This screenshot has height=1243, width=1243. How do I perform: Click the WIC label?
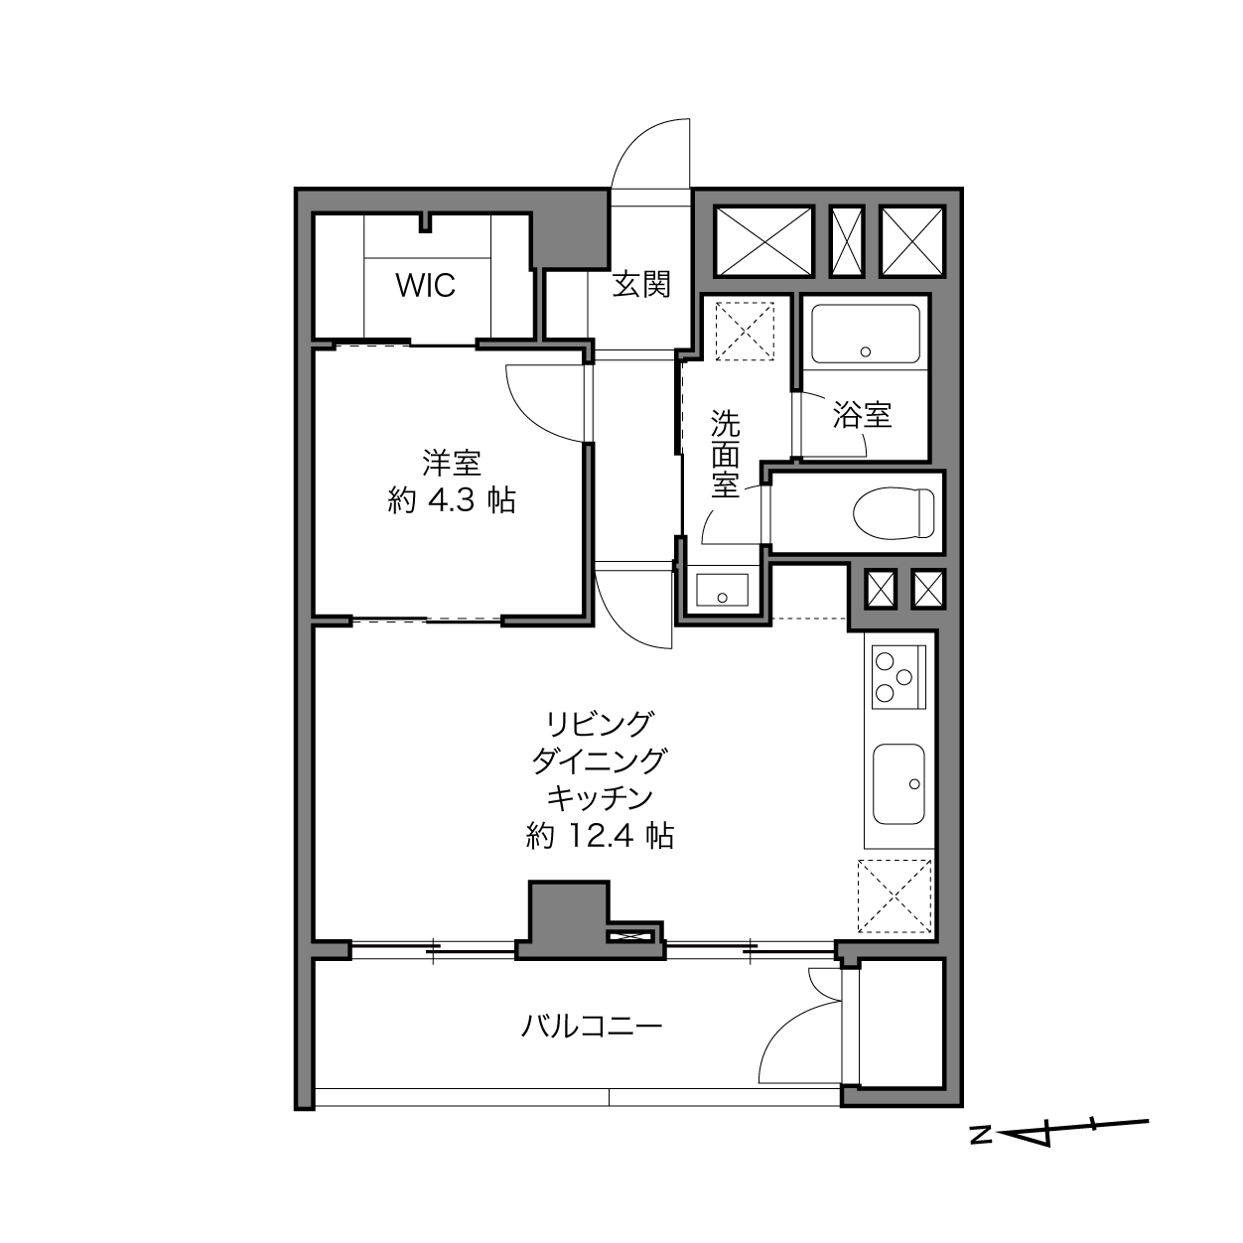(x=426, y=285)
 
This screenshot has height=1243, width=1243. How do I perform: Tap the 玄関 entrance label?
(x=641, y=285)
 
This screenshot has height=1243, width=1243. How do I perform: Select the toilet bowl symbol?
(x=894, y=513)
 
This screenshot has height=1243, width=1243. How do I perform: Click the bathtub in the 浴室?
(x=866, y=334)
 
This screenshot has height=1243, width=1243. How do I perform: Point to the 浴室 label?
(x=863, y=415)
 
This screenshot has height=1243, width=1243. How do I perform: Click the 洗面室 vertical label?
(x=725, y=454)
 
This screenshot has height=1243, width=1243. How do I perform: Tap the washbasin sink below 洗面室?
(x=722, y=590)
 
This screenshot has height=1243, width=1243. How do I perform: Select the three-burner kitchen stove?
(x=898, y=677)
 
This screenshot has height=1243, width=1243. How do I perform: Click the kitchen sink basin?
(x=899, y=783)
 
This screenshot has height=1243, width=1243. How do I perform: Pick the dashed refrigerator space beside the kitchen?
(x=895, y=896)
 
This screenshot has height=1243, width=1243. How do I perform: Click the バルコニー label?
(x=592, y=1025)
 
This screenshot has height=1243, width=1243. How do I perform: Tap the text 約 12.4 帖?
(x=600, y=837)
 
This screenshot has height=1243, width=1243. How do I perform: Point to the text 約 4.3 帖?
(x=452, y=500)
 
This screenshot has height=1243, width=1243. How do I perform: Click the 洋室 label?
(x=452, y=463)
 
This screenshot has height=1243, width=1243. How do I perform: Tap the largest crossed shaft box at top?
(x=763, y=241)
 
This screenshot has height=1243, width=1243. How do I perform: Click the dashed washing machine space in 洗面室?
(x=745, y=331)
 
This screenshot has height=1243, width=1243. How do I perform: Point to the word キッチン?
(x=600, y=798)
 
